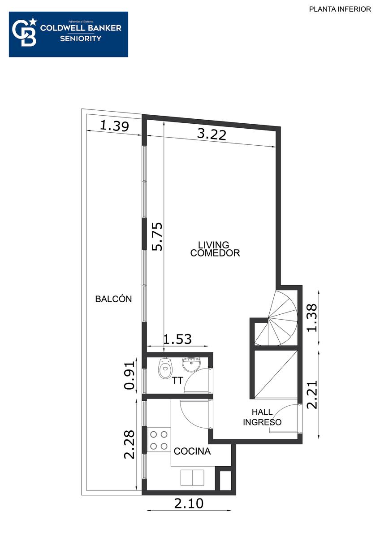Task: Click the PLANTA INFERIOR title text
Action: (340, 9)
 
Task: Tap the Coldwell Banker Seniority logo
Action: (69, 35)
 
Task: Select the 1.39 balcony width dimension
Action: (114, 126)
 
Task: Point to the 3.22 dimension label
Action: (212, 135)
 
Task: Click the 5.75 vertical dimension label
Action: (157, 237)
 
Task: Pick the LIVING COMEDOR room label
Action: (215, 249)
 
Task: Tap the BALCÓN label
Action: (113, 299)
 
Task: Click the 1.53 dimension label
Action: (177, 339)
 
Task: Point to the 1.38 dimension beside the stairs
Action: (312, 318)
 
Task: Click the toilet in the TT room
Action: (165, 368)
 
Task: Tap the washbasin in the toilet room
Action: (191, 364)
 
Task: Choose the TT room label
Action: (177, 381)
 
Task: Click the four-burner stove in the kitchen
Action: (159, 440)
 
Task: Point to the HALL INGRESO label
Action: (262, 417)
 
